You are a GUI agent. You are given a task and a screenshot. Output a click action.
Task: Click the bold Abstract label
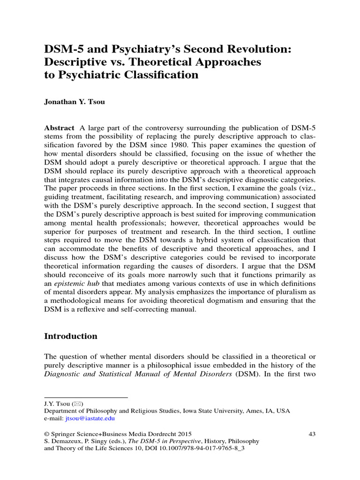(x=59, y=128)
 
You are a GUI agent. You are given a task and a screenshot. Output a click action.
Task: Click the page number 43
(x=312, y=434)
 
